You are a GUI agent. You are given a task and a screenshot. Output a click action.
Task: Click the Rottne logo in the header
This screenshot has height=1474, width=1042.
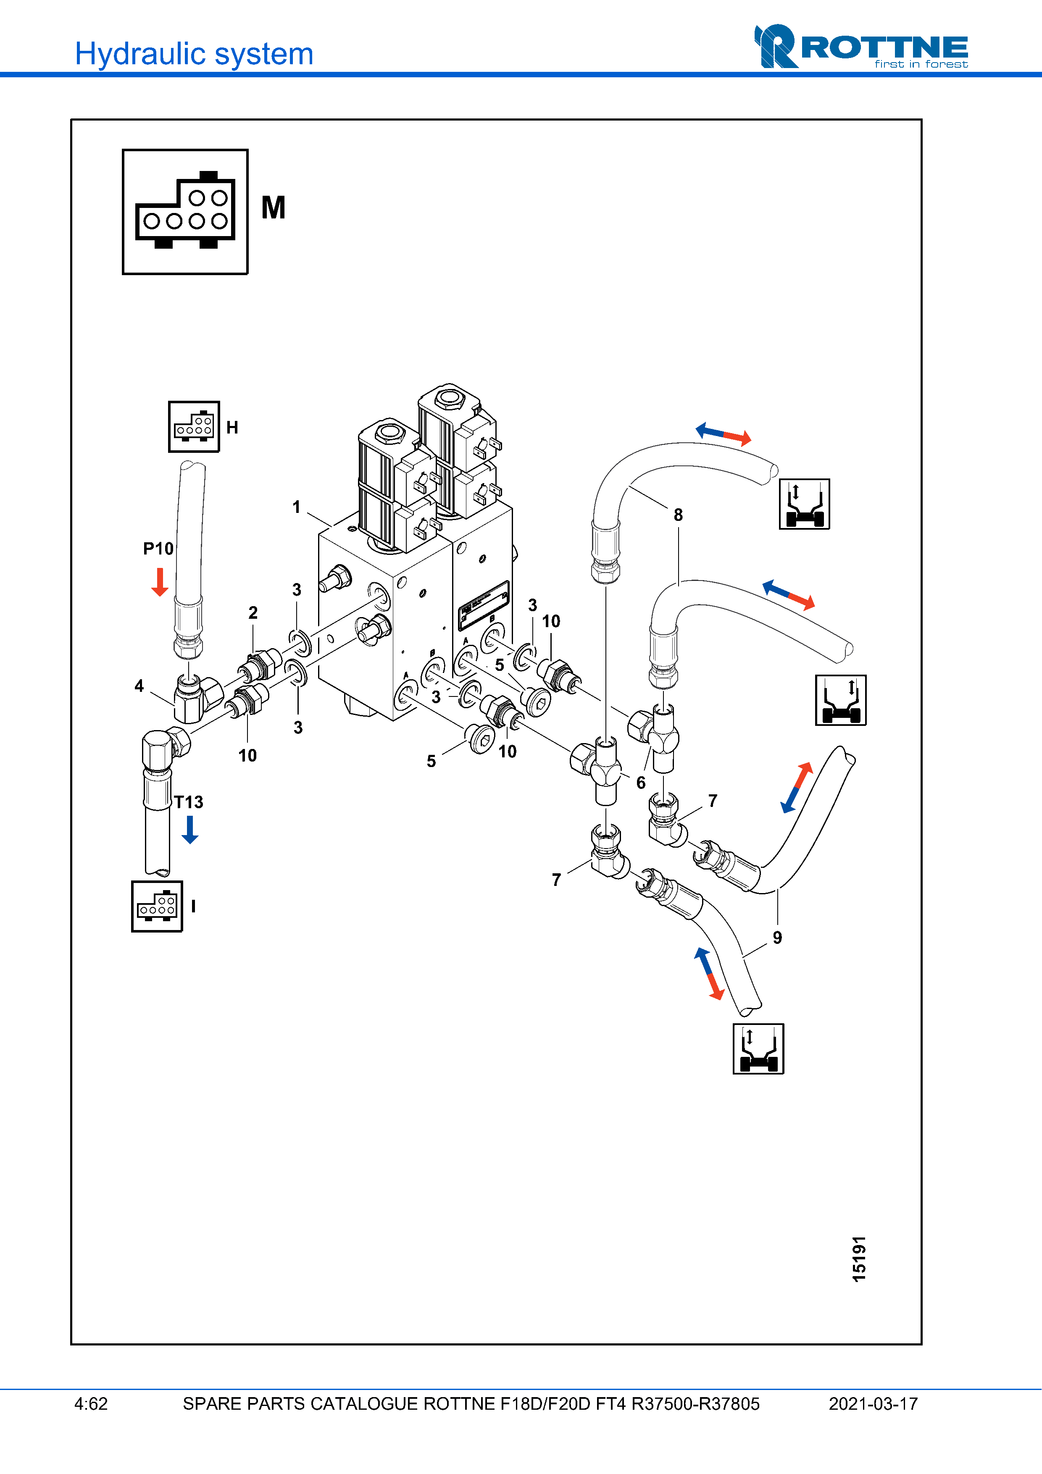(860, 47)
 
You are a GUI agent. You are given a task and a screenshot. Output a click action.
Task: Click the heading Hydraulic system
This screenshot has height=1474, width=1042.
(194, 54)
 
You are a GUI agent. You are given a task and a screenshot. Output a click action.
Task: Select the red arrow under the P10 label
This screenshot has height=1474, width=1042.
(159, 582)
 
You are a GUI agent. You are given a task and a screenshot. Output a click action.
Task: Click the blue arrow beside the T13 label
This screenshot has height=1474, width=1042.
(190, 829)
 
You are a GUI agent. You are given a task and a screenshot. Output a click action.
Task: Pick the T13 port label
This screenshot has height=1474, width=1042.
(189, 802)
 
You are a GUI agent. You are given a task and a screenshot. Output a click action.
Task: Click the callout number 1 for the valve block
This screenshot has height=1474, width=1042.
(297, 507)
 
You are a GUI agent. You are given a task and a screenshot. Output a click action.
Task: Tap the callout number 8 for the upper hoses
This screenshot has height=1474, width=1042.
(678, 515)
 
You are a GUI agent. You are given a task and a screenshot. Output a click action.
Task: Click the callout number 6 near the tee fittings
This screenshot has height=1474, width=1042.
(641, 783)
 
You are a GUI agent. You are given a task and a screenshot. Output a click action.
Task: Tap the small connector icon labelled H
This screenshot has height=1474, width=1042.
(194, 427)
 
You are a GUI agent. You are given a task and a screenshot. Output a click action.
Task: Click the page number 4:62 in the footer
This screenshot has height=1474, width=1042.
(91, 1404)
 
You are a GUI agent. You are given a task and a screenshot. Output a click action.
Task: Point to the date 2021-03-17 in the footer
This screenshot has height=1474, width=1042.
(873, 1404)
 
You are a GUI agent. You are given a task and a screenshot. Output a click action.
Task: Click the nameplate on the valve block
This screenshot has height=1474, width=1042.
(484, 605)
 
